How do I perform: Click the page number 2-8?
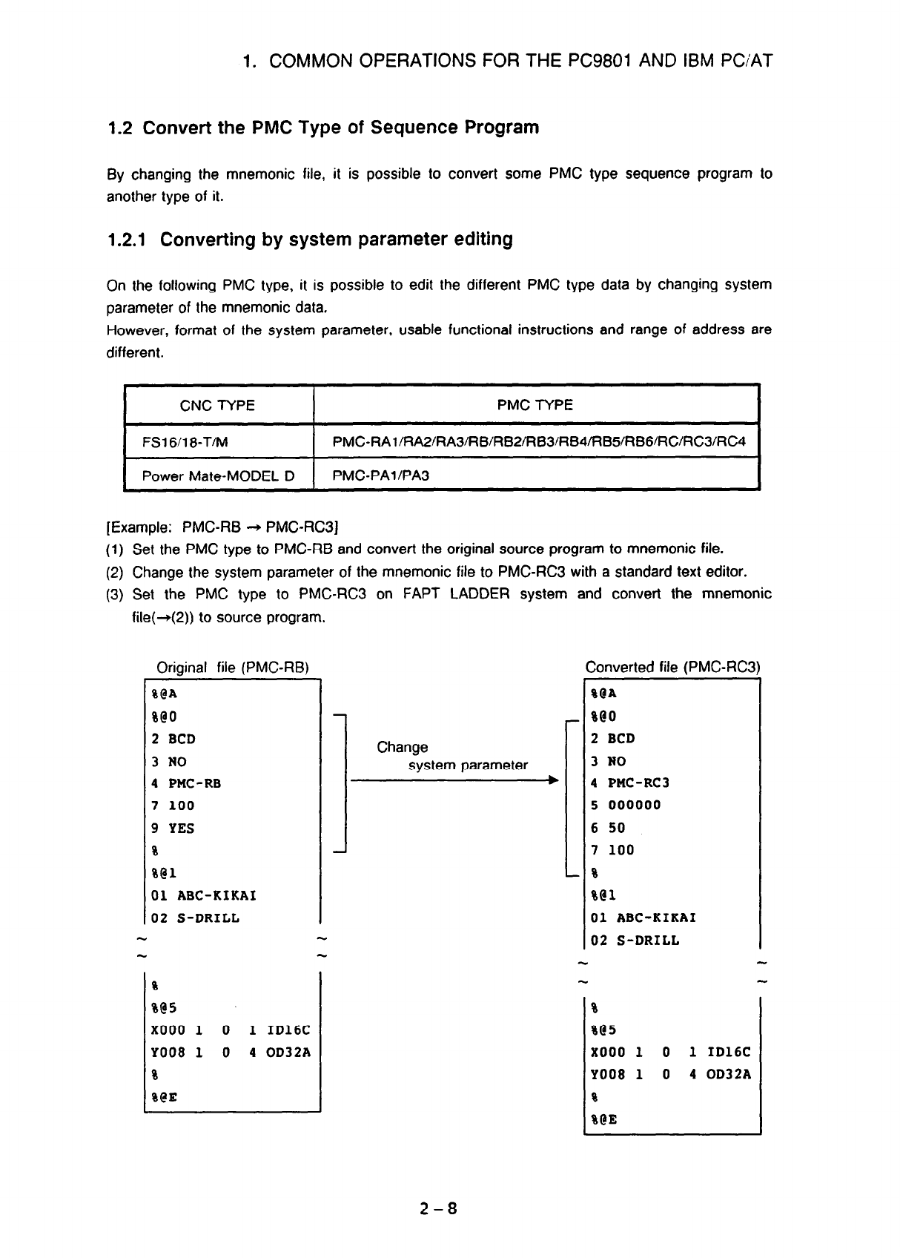pos(437,1209)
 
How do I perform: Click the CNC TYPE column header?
pos(217,405)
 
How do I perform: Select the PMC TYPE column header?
pos(535,405)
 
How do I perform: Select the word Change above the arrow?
pos(402,747)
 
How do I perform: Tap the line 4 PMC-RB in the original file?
pos(186,783)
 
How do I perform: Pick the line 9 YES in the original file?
pos(173,828)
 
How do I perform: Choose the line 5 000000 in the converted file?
pos(626,806)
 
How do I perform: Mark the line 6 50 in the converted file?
pos(608,828)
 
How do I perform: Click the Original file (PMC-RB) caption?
pos(233,667)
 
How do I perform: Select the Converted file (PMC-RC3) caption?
pos(672,667)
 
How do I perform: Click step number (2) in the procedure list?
pos(116,572)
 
